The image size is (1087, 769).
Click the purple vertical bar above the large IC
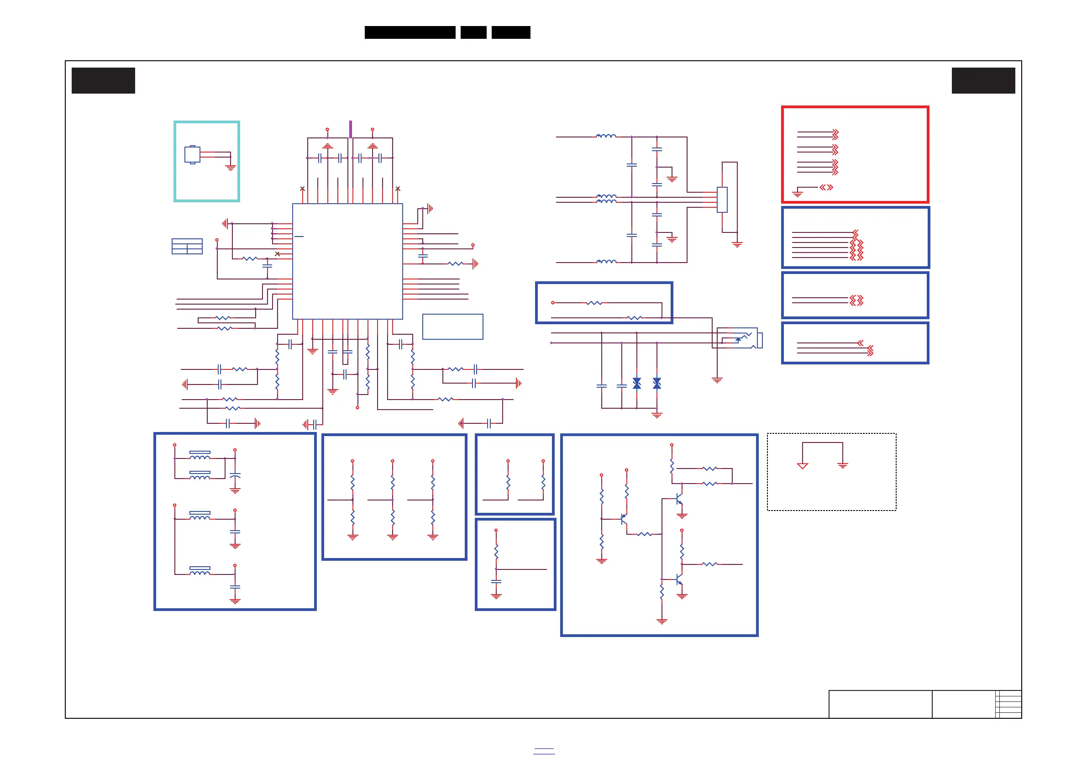tap(350, 129)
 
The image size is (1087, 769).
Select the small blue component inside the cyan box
tap(192, 155)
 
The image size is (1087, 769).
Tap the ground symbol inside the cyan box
tap(231, 167)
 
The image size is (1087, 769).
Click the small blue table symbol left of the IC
tap(187, 246)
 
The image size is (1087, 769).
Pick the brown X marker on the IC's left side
tap(278, 254)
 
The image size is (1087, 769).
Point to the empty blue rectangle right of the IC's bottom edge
tap(452, 327)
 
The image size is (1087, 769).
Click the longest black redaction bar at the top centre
tap(410, 32)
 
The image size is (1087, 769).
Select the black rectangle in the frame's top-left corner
tap(103, 80)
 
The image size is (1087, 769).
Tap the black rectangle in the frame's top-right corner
tap(983, 80)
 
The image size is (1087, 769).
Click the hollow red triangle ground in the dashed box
tap(803, 466)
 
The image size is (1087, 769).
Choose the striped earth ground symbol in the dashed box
tap(843, 466)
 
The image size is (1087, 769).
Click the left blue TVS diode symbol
tap(637, 383)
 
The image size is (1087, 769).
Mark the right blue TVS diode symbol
tap(656, 383)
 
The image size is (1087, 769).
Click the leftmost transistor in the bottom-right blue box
tap(623, 519)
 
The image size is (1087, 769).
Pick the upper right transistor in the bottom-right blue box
tap(679, 499)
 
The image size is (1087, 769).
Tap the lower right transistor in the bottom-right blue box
tap(679, 579)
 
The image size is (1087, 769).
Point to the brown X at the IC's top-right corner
tap(398, 189)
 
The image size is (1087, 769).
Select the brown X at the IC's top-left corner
tap(303, 189)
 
